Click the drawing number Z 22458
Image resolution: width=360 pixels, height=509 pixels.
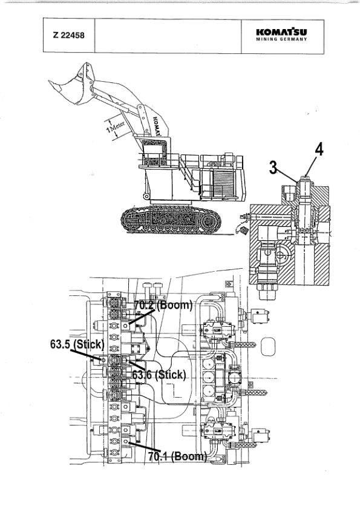tap(69, 35)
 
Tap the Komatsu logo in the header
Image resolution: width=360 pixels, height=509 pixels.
tap(281, 32)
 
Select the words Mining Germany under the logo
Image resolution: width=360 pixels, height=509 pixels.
tap(281, 39)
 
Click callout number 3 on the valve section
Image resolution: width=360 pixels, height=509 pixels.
tap(273, 168)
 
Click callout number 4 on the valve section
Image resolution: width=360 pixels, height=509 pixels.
tap(319, 149)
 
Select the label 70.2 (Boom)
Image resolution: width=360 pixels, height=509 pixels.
tap(163, 305)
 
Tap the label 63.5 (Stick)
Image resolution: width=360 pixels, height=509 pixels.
tap(77, 344)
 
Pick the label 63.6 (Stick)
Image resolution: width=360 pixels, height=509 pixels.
tap(159, 375)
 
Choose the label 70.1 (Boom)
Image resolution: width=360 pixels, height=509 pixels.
tap(177, 456)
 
